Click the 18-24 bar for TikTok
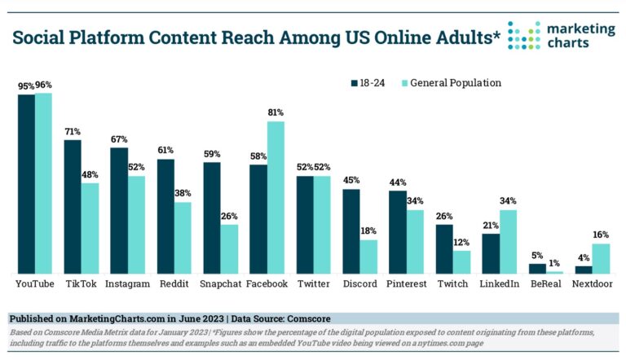(x=73, y=207)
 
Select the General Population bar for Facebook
(x=276, y=198)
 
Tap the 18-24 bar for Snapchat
(x=212, y=217)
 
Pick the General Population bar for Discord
(x=368, y=257)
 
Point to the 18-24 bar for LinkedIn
(x=491, y=253)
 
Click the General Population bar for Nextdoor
(x=602, y=258)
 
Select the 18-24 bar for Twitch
(x=444, y=249)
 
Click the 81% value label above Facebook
(x=276, y=113)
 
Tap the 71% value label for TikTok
(x=73, y=131)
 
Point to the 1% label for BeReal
(x=555, y=262)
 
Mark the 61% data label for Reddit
(x=165, y=151)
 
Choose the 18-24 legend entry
(x=372, y=83)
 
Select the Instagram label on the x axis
(x=128, y=284)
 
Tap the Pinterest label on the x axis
(x=406, y=284)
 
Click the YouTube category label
(x=35, y=284)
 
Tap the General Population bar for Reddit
(x=183, y=238)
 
